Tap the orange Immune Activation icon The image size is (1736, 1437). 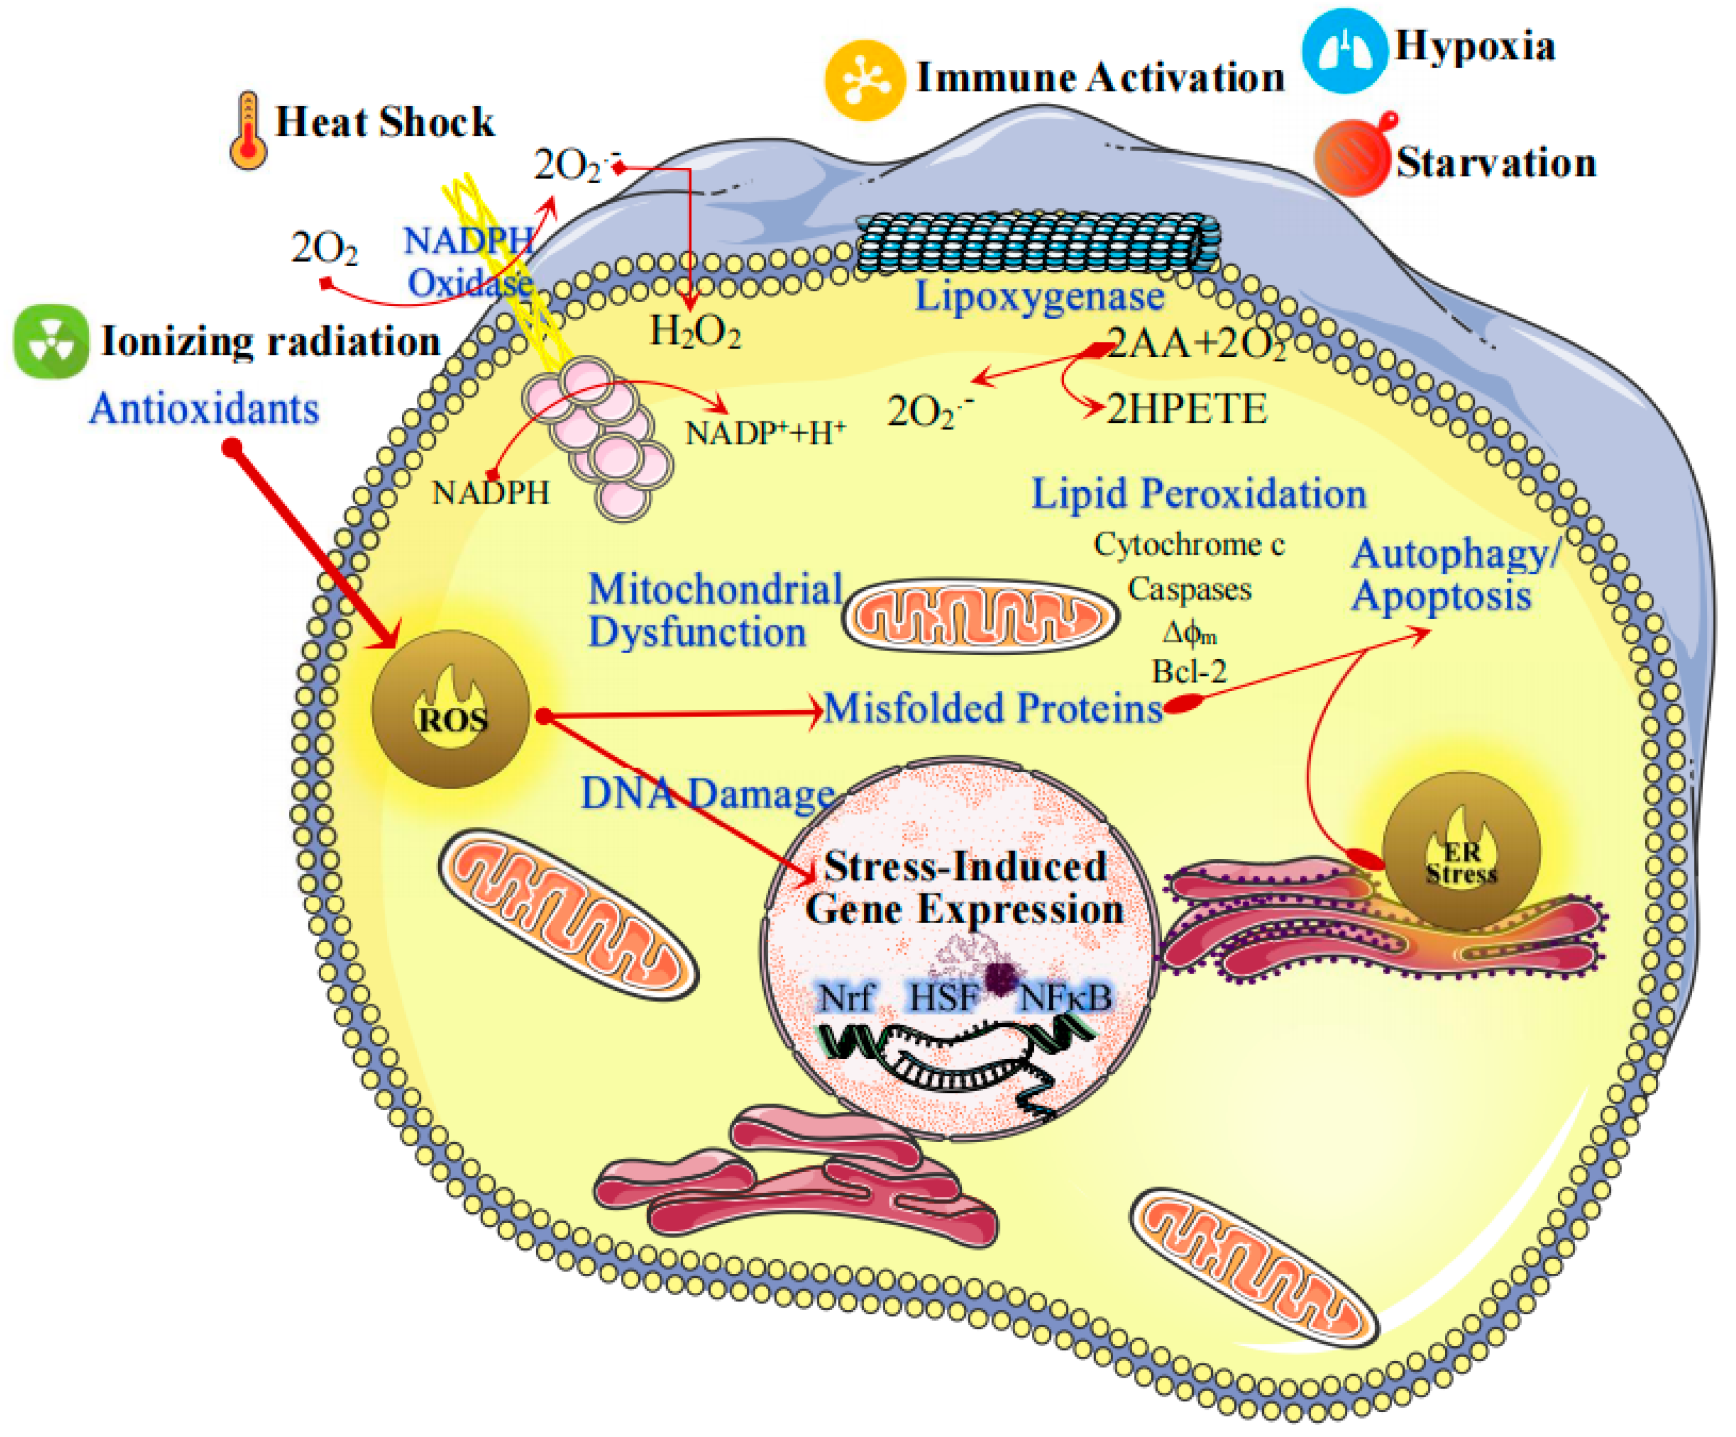coord(864,80)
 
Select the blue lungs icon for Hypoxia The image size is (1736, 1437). coord(1344,50)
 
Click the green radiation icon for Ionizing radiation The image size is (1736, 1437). coord(51,341)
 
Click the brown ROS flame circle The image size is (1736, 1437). coord(451,709)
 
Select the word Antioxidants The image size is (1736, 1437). coord(204,408)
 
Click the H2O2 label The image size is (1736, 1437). coord(695,332)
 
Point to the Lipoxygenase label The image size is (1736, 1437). coord(1039,297)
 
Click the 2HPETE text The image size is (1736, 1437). coord(1186,409)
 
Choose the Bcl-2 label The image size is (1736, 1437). coord(1189,671)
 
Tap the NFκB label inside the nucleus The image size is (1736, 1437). coord(1066,997)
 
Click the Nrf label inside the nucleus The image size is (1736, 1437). coord(845,997)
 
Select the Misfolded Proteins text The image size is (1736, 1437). coord(993,708)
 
